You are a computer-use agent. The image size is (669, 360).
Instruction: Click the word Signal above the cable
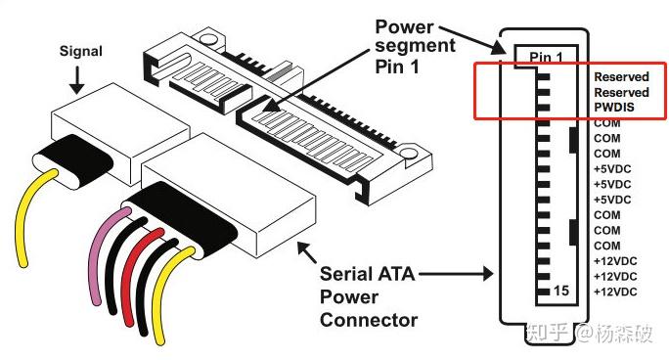point(80,52)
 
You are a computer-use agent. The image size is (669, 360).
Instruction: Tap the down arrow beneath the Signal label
point(77,80)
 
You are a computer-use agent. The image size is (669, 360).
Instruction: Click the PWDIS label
point(614,108)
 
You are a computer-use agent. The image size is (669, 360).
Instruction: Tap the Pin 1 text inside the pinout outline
point(546,57)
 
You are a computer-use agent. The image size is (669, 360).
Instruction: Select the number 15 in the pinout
point(561,291)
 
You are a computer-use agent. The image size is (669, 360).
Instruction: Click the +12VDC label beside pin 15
point(615,292)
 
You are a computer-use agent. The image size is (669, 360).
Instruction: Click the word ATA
point(395,274)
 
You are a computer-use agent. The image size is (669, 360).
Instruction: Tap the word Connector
point(369,320)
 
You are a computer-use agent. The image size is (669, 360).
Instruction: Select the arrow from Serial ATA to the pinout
point(456,273)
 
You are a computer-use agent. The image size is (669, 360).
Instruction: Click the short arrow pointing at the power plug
point(307,252)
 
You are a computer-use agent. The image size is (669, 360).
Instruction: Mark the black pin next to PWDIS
point(543,108)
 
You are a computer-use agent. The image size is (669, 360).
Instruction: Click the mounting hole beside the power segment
point(408,153)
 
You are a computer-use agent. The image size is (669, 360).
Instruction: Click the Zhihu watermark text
point(590,333)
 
